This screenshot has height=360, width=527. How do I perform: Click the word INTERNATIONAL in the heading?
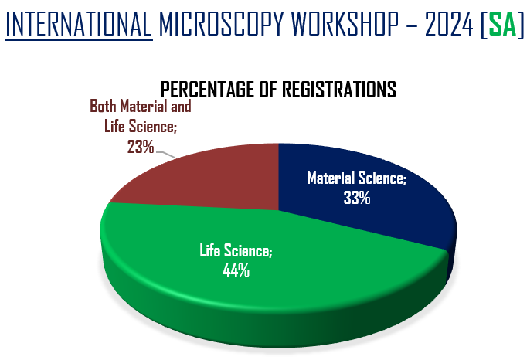78,25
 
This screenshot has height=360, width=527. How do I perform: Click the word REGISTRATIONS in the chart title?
340,89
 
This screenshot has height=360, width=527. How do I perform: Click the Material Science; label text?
356,178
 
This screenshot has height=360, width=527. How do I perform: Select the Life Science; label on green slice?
236,251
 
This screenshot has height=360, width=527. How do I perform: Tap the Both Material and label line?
140,106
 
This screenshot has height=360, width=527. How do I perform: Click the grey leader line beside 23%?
166,153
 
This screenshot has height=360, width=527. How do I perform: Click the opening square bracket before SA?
483,25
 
